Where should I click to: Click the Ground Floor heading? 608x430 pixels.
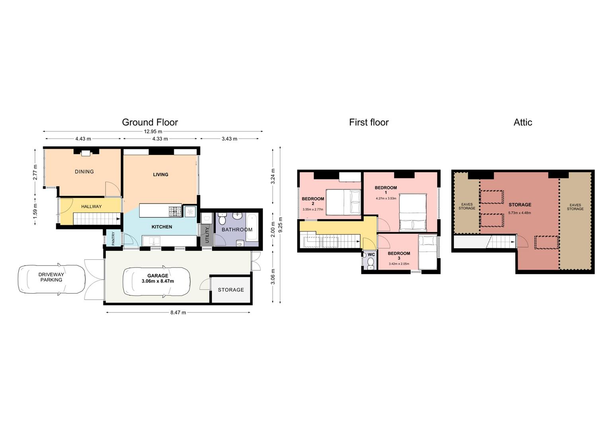coord(150,122)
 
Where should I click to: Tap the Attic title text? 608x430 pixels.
coord(523,123)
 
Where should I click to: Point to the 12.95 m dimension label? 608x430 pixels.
coord(153,132)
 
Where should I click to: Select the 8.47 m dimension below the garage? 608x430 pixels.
coord(178,313)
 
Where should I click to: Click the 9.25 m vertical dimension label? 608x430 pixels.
coord(281,225)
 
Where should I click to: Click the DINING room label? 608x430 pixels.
coord(84,172)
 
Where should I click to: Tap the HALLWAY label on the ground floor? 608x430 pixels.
coord(92,207)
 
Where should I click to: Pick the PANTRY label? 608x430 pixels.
coord(113,238)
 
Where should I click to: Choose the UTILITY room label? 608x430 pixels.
coord(207,235)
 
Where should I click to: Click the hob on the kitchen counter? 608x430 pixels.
coord(175,212)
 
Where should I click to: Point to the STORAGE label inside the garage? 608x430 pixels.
coord(231,290)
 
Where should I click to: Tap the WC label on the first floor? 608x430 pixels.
coord(371,255)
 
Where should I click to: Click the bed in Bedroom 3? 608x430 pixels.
coord(428,252)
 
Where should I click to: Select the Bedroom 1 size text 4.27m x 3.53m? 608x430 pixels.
coord(386,198)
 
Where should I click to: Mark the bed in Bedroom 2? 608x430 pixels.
coord(343,202)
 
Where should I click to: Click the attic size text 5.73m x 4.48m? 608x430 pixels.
coord(520,213)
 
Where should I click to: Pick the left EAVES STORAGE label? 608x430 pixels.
coord(467,206)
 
